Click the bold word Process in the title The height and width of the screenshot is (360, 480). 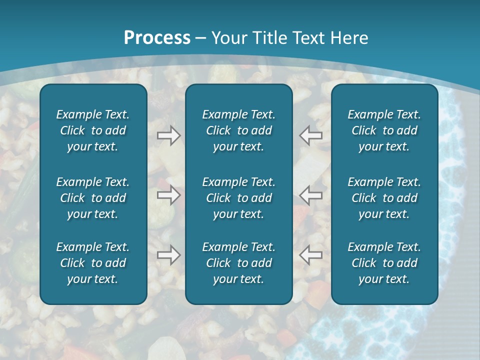[x=157, y=38]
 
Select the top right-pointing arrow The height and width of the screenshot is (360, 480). [x=168, y=135]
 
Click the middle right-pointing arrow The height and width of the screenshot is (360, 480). [x=168, y=195]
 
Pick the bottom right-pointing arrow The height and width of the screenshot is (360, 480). [x=168, y=255]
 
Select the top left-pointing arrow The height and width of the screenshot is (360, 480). [x=310, y=135]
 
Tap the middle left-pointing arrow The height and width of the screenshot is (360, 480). [x=310, y=195]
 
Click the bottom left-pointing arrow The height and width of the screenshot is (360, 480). [x=310, y=255]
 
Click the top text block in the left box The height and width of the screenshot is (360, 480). [x=93, y=130]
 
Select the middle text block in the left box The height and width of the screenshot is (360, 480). [x=93, y=198]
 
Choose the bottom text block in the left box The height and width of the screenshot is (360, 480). [x=93, y=263]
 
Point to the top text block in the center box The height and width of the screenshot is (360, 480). [x=238, y=130]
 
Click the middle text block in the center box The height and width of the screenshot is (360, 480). [x=238, y=198]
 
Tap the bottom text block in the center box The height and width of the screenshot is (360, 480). [x=238, y=263]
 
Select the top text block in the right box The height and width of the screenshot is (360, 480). [x=384, y=130]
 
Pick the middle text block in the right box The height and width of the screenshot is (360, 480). [x=384, y=198]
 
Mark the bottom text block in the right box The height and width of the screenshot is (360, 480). [x=384, y=263]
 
